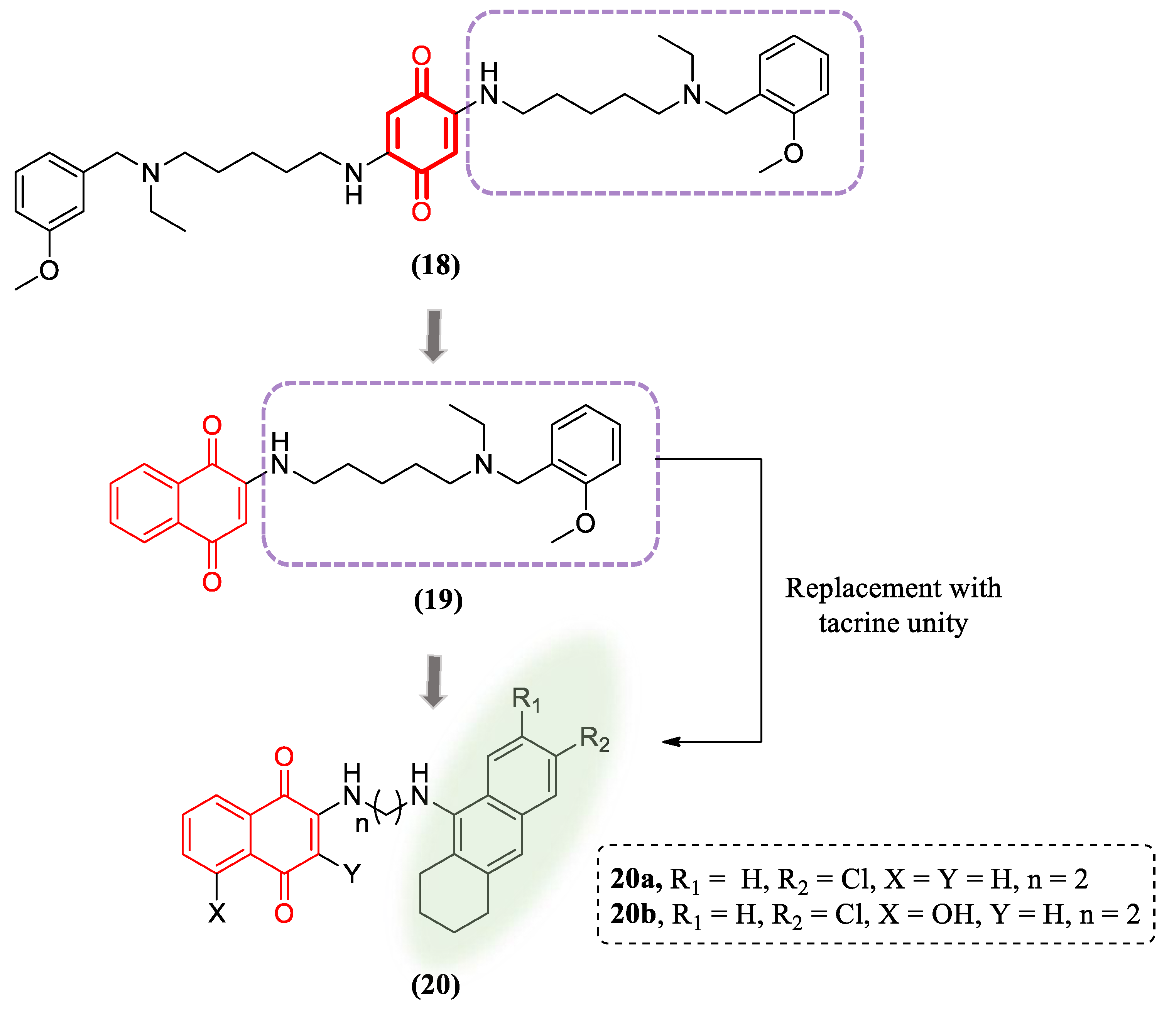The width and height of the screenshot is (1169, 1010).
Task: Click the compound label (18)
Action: pyautogui.click(x=435, y=265)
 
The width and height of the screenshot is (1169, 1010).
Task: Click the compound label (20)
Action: pyautogui.click(x=435, y=985)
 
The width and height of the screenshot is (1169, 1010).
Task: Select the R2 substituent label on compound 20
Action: pyautogui.click(x=595, y=739)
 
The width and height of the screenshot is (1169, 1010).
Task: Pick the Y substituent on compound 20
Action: pyautogui.click(x=352, y=873)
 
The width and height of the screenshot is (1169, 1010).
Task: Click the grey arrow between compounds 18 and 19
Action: pyautogui.click(x=433, y=336)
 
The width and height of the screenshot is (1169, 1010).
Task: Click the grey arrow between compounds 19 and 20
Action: pyautogui.click(x=433, y=681)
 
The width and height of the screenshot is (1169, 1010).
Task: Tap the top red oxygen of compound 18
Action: pyautogui.click(x=421, y=56)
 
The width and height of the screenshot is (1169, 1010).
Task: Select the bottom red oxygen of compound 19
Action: pyautogui.click(x=211, y=582)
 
